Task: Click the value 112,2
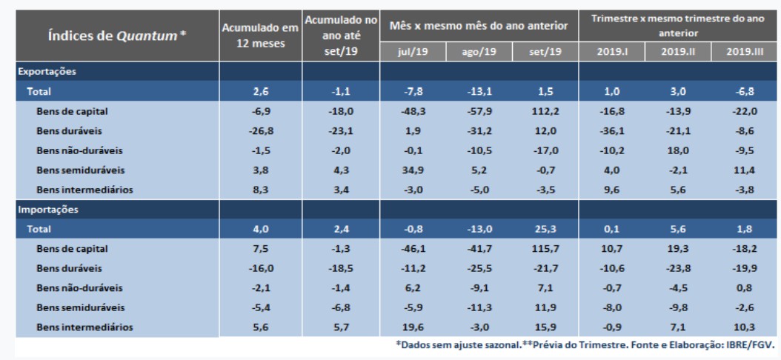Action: click(545, 110)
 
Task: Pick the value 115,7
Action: click(545, 247)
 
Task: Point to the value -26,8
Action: click(259, 130)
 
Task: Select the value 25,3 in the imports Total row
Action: click(545, 228)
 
